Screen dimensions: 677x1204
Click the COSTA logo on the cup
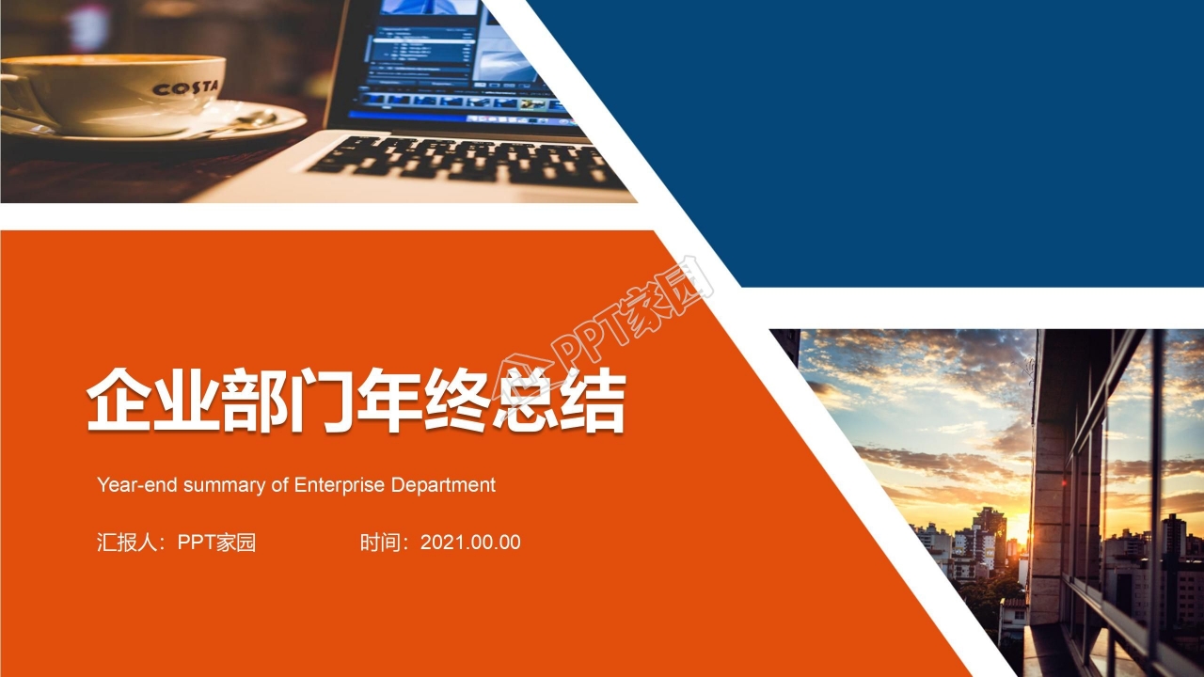[184, 88]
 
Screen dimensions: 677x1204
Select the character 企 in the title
[119, 401]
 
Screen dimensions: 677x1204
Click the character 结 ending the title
[593, 401]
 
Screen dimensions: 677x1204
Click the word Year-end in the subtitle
[137, 485]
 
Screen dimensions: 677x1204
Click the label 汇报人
[126, 543]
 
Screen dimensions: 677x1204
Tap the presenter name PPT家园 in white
[216, 543]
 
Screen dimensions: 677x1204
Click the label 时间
[380, 543]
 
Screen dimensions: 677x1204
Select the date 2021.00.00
[470, 543]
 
